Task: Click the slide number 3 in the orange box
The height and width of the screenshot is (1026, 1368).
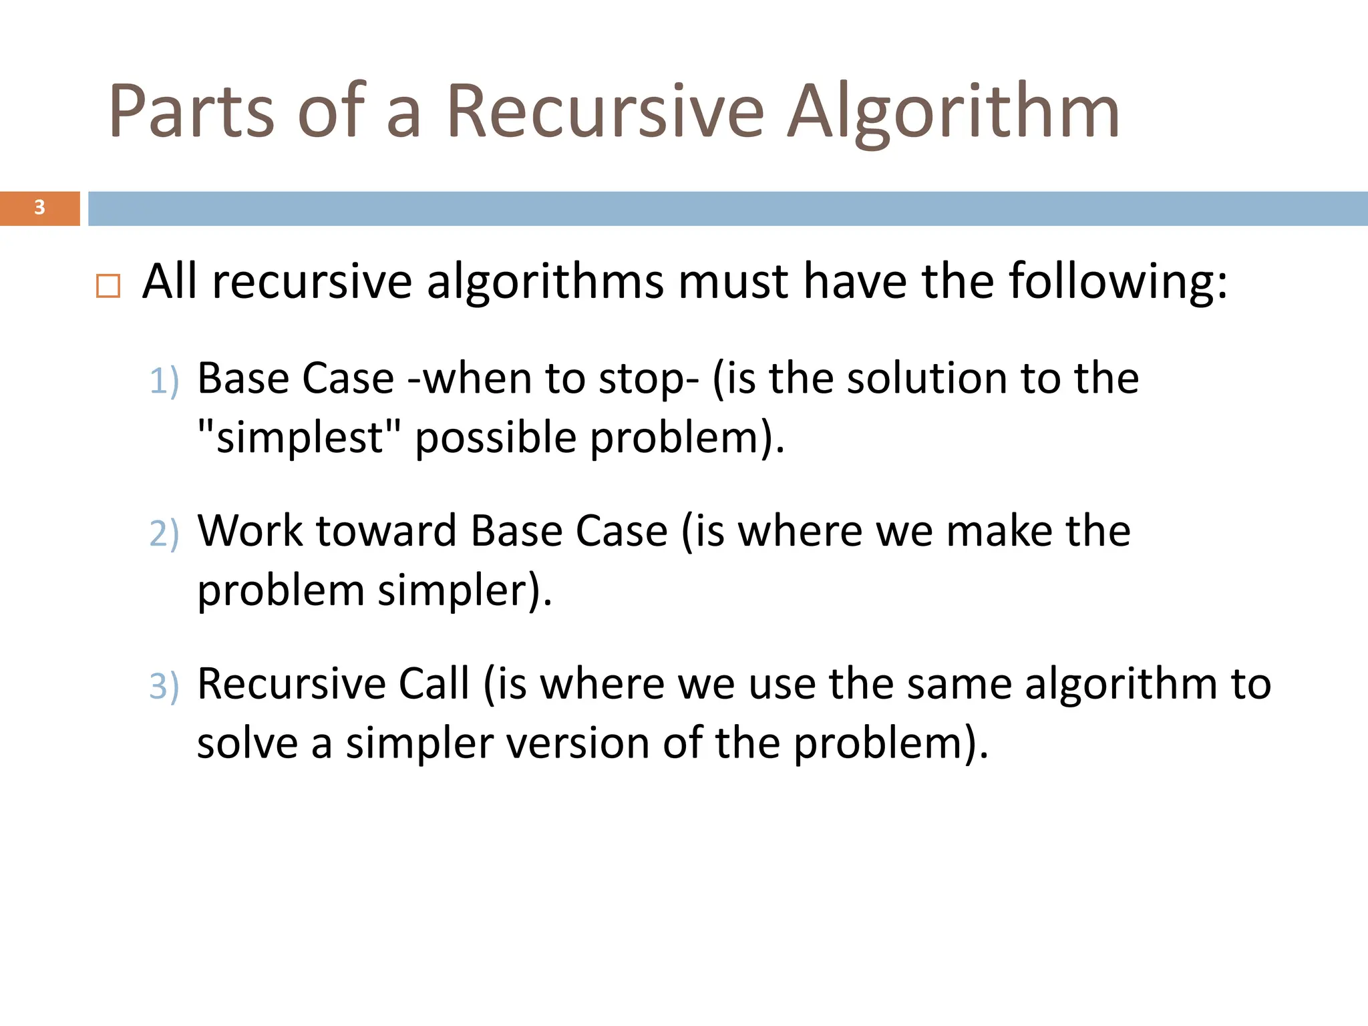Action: [x=39, y=208]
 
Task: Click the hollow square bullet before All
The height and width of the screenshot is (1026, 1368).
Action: [x=108, y=286]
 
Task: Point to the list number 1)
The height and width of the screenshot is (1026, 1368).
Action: [x=164, y=381]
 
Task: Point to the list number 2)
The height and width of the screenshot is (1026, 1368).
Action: [x=164, y=534]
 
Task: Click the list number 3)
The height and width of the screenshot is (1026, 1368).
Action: [x=164, y=686]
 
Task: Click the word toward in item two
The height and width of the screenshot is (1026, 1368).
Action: [x=387, y=531]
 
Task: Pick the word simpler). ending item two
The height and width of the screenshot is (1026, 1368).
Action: [x=465, y=590]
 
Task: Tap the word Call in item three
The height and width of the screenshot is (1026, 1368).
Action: [x=434, y=684]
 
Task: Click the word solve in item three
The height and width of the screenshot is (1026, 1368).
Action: [x=247, y=743]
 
